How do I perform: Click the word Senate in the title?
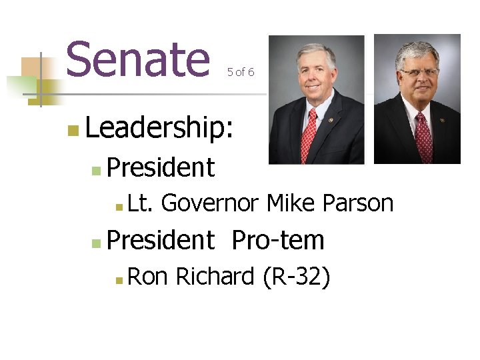click(137, 59)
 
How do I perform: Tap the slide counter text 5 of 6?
click(240, 72)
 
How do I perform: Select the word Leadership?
click(159, 127)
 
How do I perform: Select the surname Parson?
click(357, 203)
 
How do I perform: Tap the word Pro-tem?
click(277, 240)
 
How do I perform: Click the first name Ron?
click(147, 276)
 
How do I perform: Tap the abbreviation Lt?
click(140, 203)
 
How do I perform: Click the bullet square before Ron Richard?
click(118, 280)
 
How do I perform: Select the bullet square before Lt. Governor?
click(118, 207)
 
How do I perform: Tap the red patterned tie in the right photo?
click(422, 137)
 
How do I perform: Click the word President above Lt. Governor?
click(160, 168)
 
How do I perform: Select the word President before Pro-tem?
click(160, 240)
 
